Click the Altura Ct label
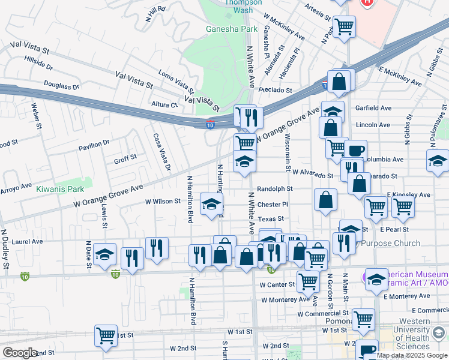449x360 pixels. pyautogui.click(x=165, y=104)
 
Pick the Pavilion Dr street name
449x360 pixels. pyautogui.click(x=94, y=144)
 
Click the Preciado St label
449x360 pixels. pyautogui.click(x=276, y=91)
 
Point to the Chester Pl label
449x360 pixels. pyautogui.click(x=273, y=204)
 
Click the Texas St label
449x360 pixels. pyautogui.click(x=271, y=219)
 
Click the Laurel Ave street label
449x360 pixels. pyautogui.click(x=27, y=242)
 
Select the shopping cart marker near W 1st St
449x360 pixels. pyautogui.click(x=106, y=335)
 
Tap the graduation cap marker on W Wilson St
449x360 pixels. pyautogui.click(x=211, y=204)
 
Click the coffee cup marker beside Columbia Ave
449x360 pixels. pyautogui.click(x=355, y=150)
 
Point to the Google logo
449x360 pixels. pyautogui.click(x=20, y=353)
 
